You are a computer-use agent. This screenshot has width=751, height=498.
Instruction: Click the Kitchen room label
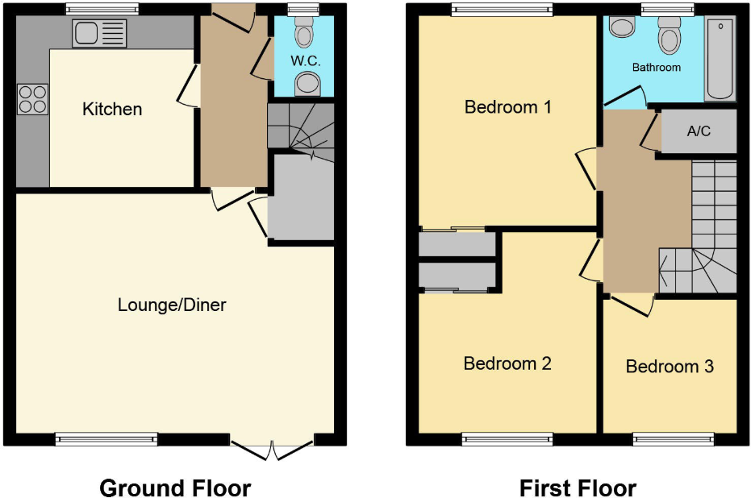(112, 109)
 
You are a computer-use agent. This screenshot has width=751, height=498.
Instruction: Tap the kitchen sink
(99, 34)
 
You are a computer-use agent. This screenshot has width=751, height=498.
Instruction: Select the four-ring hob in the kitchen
(32, 98)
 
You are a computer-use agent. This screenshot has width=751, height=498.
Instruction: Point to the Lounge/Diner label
(172, 305)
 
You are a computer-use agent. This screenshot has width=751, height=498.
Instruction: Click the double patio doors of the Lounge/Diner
(273, 447)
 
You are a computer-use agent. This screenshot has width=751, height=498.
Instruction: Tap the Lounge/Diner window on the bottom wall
(106, 439)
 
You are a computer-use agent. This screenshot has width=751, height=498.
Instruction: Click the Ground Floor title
(175, 488)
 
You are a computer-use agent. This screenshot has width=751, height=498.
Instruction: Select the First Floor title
(578, 488)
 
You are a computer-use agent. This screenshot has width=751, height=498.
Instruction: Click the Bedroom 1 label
(508, 106)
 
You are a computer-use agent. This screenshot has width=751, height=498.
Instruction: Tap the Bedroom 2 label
(507, 363)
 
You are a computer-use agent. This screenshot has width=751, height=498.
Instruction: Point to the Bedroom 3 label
(670, 367)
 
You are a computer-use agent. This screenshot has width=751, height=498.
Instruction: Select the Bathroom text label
(656, 68)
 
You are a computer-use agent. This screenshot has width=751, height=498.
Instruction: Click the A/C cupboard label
(699, 131)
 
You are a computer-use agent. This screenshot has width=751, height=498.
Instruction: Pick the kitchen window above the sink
(102, 10)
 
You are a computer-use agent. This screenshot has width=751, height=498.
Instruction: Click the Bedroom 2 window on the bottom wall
(507, 439)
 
